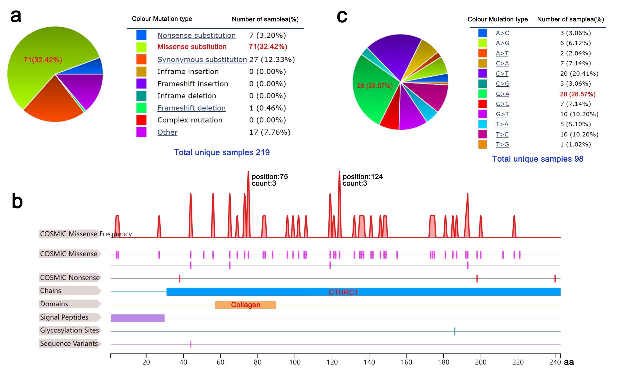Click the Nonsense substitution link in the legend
[196, 35]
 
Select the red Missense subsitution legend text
[192, 47]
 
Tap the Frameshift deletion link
[191, 108]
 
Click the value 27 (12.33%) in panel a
[272, 60]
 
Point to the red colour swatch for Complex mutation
[141, 120]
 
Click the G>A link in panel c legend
[502, 94]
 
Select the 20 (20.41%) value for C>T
[579, 73]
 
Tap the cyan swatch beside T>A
[482, 124]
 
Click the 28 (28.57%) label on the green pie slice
[375, 86]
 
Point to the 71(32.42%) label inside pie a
[43, 60]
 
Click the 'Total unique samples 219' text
[221, 152]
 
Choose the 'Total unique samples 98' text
[538, 159]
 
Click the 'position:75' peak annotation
[270, 177]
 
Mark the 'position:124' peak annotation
[363, 177]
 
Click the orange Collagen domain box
[245, 305]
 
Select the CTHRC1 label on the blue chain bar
[343, 292]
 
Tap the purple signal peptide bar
[138, 318]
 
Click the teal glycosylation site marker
[455, 331]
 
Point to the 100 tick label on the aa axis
[295, 362]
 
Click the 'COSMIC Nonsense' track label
[70, 278]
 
